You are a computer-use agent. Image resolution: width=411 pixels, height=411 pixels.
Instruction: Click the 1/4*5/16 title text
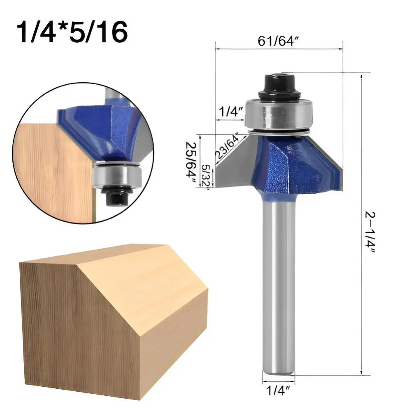click(x=72, y=32)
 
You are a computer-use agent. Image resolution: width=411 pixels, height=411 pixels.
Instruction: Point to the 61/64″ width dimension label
click(x=279, y=41)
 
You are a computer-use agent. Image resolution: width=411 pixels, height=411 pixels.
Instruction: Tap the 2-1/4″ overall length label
click(x=370, y=232)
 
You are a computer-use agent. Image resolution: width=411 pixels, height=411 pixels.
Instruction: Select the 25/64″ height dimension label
click(x=191, y=163)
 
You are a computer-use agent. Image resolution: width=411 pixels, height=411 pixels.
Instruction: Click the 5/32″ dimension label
click(x=206, y=176)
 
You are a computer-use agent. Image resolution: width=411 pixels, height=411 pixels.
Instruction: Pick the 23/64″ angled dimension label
click(x=227, y=147)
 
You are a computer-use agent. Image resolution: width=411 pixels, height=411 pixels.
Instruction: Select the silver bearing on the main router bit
click(x=279, y=114)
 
